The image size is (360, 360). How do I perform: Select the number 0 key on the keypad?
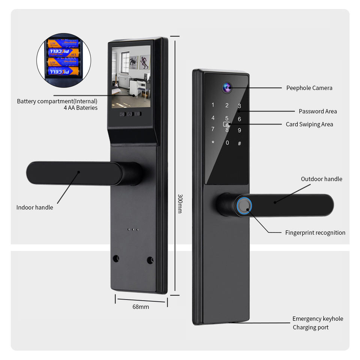227,143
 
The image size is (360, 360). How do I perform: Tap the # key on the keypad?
240,143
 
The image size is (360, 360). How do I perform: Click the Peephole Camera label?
309,88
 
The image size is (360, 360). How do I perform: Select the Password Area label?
318,111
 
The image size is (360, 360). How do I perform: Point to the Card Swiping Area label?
309,124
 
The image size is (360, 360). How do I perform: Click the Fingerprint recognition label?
315,233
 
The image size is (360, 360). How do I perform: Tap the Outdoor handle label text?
321,179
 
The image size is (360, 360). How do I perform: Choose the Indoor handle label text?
34,208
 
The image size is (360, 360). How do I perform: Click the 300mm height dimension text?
180,204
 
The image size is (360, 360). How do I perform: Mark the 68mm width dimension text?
141,307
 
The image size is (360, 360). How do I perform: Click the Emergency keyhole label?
318,319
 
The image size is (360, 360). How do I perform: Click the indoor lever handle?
75,172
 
